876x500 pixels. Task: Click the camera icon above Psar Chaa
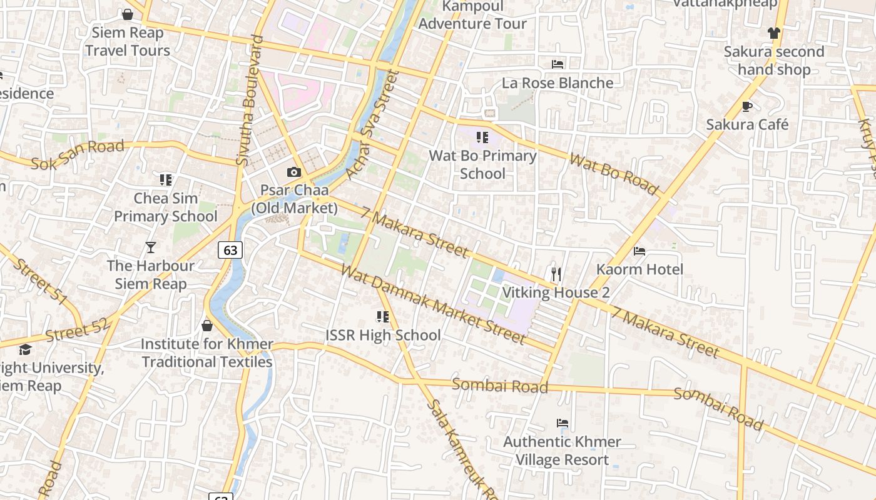click(293, 172)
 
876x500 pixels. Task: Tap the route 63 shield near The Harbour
click(230, 250)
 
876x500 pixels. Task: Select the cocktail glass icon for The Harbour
click(150, 247)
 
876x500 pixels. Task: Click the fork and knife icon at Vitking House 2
click(556, 274)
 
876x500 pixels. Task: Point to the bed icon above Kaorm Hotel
click(639, 251)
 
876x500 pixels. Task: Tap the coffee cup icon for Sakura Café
click(746, 106)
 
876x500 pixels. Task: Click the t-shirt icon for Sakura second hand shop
click(774, 33)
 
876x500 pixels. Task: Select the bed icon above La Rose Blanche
click(558, 64)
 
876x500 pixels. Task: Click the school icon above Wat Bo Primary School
click(482, 137)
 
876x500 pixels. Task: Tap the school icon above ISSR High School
click(382, 317)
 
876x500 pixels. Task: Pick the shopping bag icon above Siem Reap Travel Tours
click(128, 14)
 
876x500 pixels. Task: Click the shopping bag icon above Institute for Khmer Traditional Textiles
click(207, 326)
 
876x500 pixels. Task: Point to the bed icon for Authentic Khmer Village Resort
click(563, 423)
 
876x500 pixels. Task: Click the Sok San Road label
click(78, 155)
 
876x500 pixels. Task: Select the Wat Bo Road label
click(613, 173)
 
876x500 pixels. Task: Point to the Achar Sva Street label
click(372, 124)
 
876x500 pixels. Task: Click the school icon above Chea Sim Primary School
click(165, 180)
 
